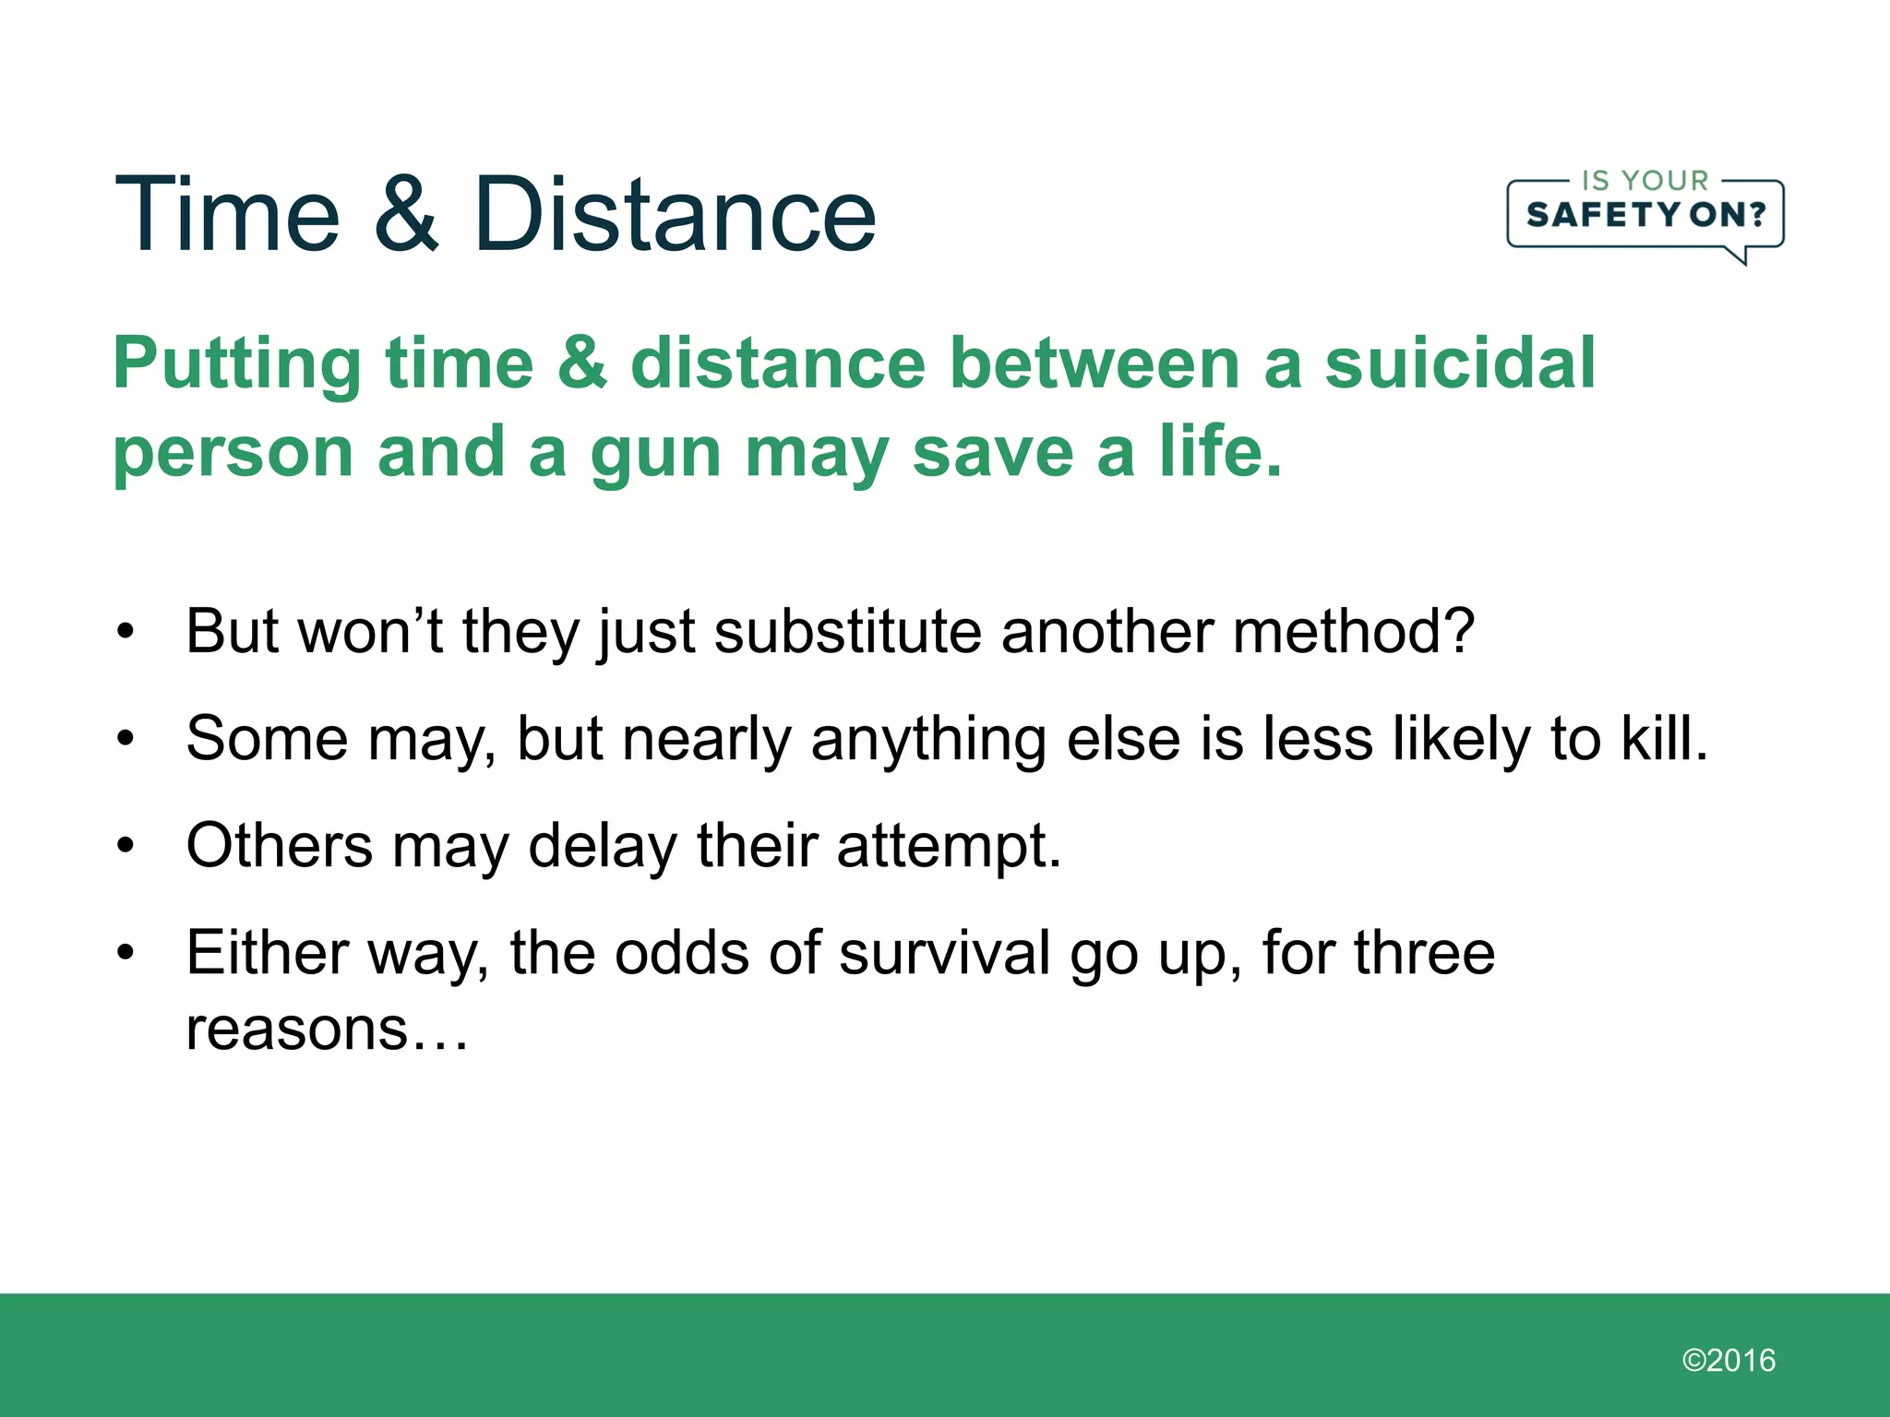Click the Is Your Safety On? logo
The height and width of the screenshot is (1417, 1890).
[x=1645, y=216]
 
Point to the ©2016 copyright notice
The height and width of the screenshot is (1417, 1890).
[x=1729, y=1360]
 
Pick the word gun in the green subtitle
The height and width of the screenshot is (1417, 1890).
[x=655, y=454]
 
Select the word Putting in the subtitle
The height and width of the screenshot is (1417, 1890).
[x=236, y=364]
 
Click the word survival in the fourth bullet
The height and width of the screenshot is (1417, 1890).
[x=944, y=952]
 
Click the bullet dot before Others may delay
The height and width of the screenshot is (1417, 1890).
[x=126, y=845]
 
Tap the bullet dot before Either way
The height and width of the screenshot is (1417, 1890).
[x=126, y=952]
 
